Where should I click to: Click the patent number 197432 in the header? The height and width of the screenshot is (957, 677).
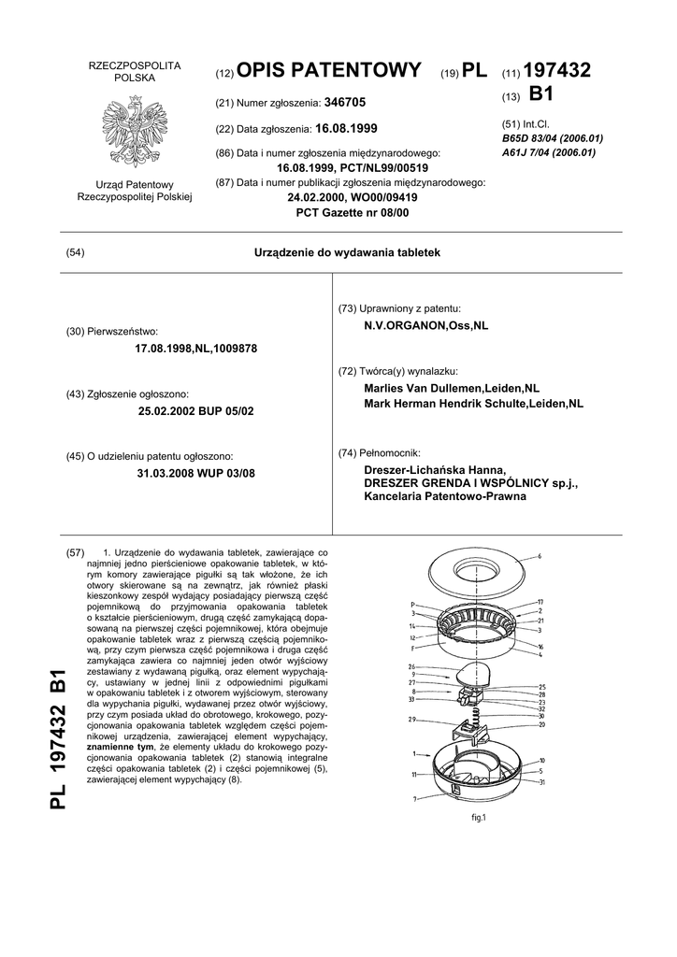click(x=558, y=71)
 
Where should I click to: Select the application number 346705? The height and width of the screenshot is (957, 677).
click(x=346, y=100)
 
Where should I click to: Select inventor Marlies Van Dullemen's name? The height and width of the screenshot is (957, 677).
click(x=452, y=388)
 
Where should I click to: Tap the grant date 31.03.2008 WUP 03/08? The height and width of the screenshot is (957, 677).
click(x=195, y=473)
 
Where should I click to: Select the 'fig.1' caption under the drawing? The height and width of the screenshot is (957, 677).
click(x=481, y=818)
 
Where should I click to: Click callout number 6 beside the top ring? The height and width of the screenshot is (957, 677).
click(x=540, y=556)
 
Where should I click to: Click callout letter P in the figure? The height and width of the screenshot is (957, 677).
click(x=412, y=604)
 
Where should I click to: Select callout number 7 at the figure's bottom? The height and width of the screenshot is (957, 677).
click(x=414, y=799)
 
